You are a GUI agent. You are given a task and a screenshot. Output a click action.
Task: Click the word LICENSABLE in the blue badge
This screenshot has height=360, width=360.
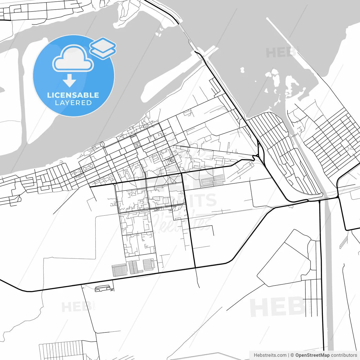pyautogui.click(x=73, y=95)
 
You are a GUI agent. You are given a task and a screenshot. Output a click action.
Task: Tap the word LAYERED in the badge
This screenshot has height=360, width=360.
pyautogui.click(x=73, y=103)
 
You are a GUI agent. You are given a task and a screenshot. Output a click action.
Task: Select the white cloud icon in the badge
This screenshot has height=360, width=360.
pyautogui.click(x=73, y=59)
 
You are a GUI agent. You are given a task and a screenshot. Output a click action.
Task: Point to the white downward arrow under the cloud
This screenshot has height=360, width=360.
pyautogui.click(x=69, y=80)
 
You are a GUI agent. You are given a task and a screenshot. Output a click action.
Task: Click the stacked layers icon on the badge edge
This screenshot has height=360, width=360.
pyautogui.click(x=103, y=48)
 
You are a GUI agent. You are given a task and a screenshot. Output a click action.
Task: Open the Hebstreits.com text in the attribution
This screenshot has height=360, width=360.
pyautogui.click(x=270, y=355)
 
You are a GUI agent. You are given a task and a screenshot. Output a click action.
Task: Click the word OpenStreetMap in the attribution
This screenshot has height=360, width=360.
pyautogui.click(x=312, y=355)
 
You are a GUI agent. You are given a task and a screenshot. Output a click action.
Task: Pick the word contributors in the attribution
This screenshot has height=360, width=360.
pyautogui.click(x=344, y=355)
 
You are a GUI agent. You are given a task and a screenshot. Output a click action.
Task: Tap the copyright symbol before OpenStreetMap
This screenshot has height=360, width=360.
pyautogui.click(x=292, y=355)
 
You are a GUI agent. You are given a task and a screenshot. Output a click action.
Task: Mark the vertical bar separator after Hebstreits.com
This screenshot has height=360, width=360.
pyautogui.click(x=289, y=355)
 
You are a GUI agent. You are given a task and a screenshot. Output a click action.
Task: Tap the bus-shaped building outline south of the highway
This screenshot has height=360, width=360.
pyautogui.click(x=102, y=288)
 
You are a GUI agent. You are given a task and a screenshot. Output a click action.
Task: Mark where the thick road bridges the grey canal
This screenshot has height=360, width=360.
pyautogui.click(x=326, y=199)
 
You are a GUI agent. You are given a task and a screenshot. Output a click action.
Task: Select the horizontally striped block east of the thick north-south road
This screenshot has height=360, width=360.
pyautogui.click(x=213, y=181)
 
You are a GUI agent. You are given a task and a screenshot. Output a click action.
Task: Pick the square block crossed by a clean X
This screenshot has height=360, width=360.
pyautogui.click(x=137, y=145)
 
